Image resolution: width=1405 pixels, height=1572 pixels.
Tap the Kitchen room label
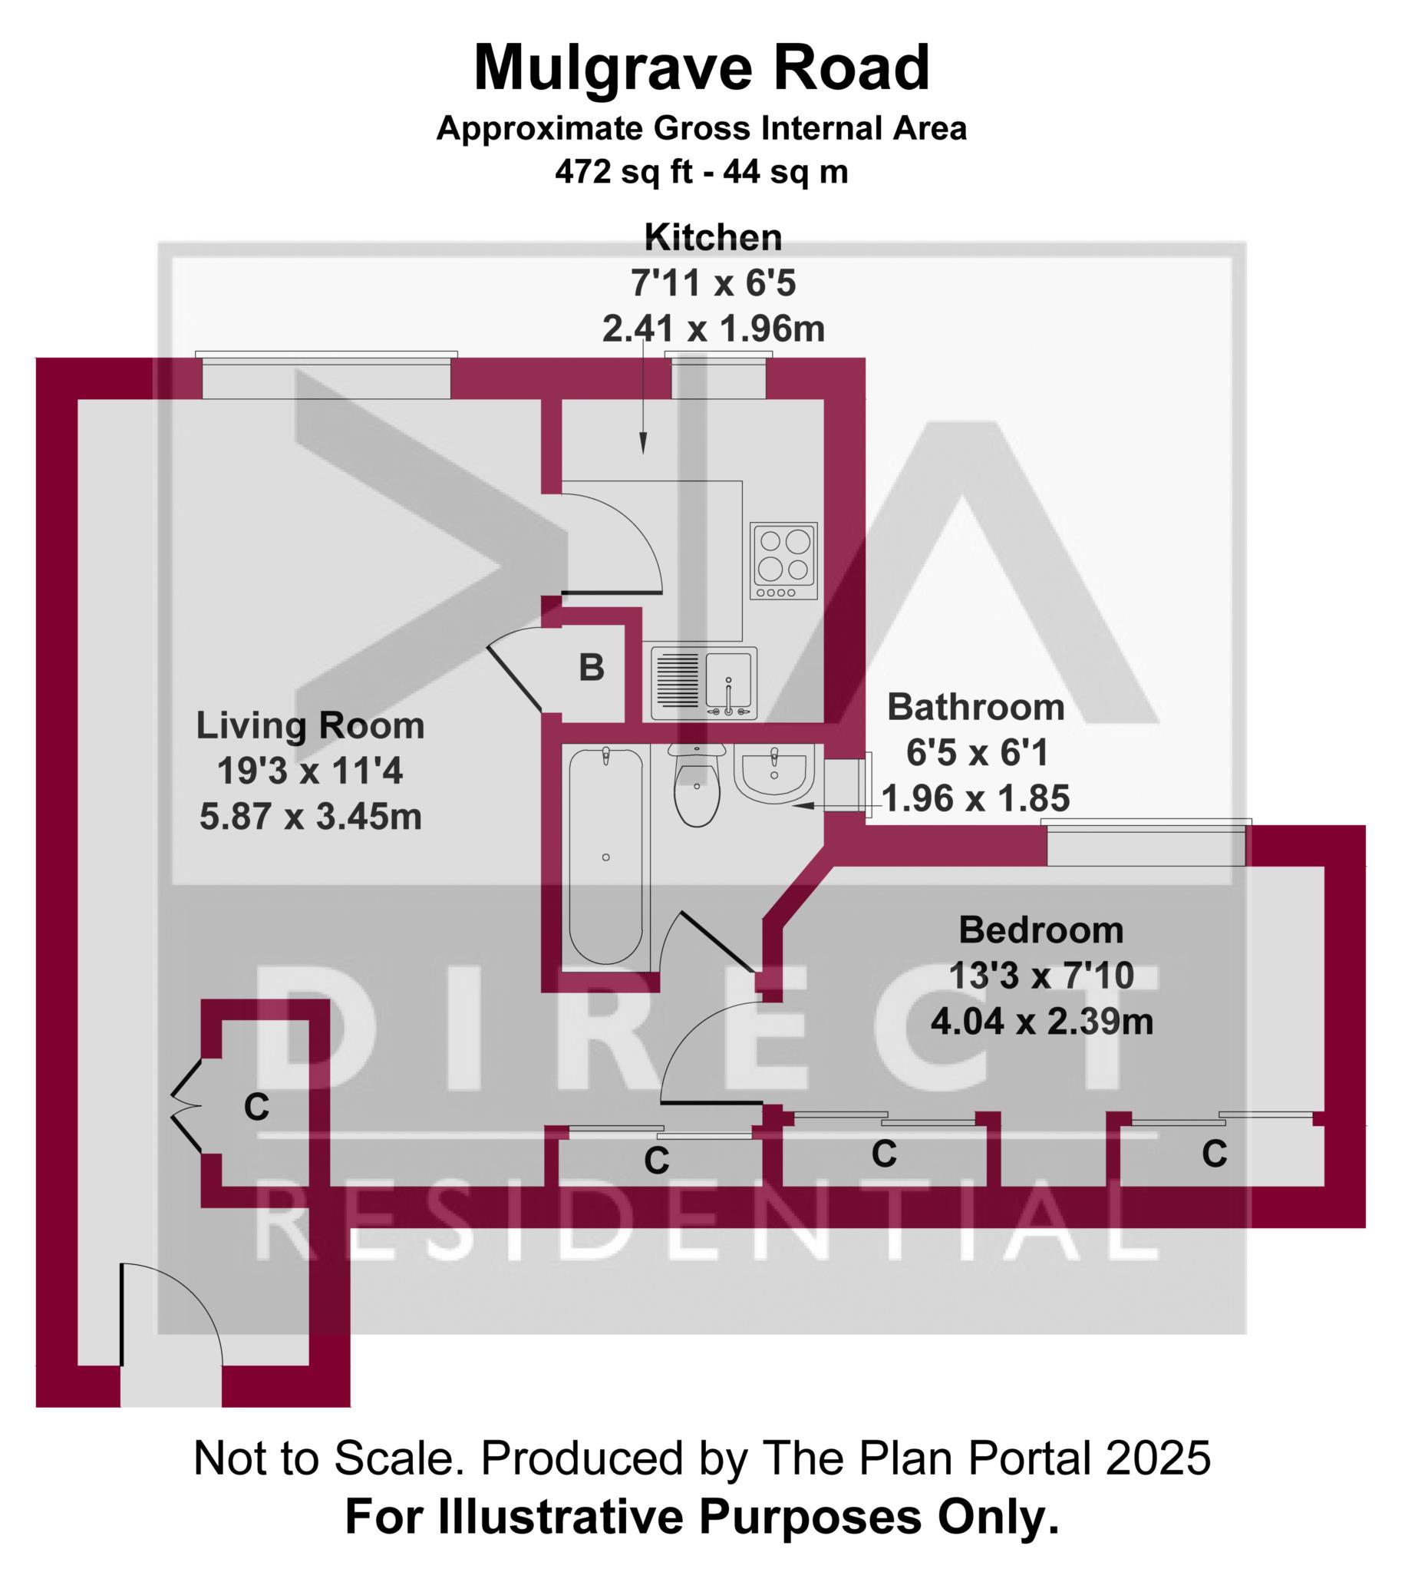click(x=713, y=237)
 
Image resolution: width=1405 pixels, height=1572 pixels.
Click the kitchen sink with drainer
click(x=704, y=682)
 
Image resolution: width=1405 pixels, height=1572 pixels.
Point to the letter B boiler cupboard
click(x=592, y=667)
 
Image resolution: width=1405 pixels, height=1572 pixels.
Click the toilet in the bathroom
click(x=696, y=784)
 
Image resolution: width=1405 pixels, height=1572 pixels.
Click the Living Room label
click(x=309, y=726)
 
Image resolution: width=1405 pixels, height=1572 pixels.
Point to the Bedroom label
click(x=1041, y=930)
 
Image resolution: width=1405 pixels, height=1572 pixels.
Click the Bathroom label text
click(x=976, y=706)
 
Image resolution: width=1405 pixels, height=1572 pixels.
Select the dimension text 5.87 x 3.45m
click(x=310, y=816)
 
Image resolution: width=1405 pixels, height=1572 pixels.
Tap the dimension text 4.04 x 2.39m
click(x=1041, y=1021)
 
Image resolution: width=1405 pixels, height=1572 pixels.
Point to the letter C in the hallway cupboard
click(x=256, y=1107)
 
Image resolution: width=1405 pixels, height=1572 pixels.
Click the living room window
click(x=326, y=375)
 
